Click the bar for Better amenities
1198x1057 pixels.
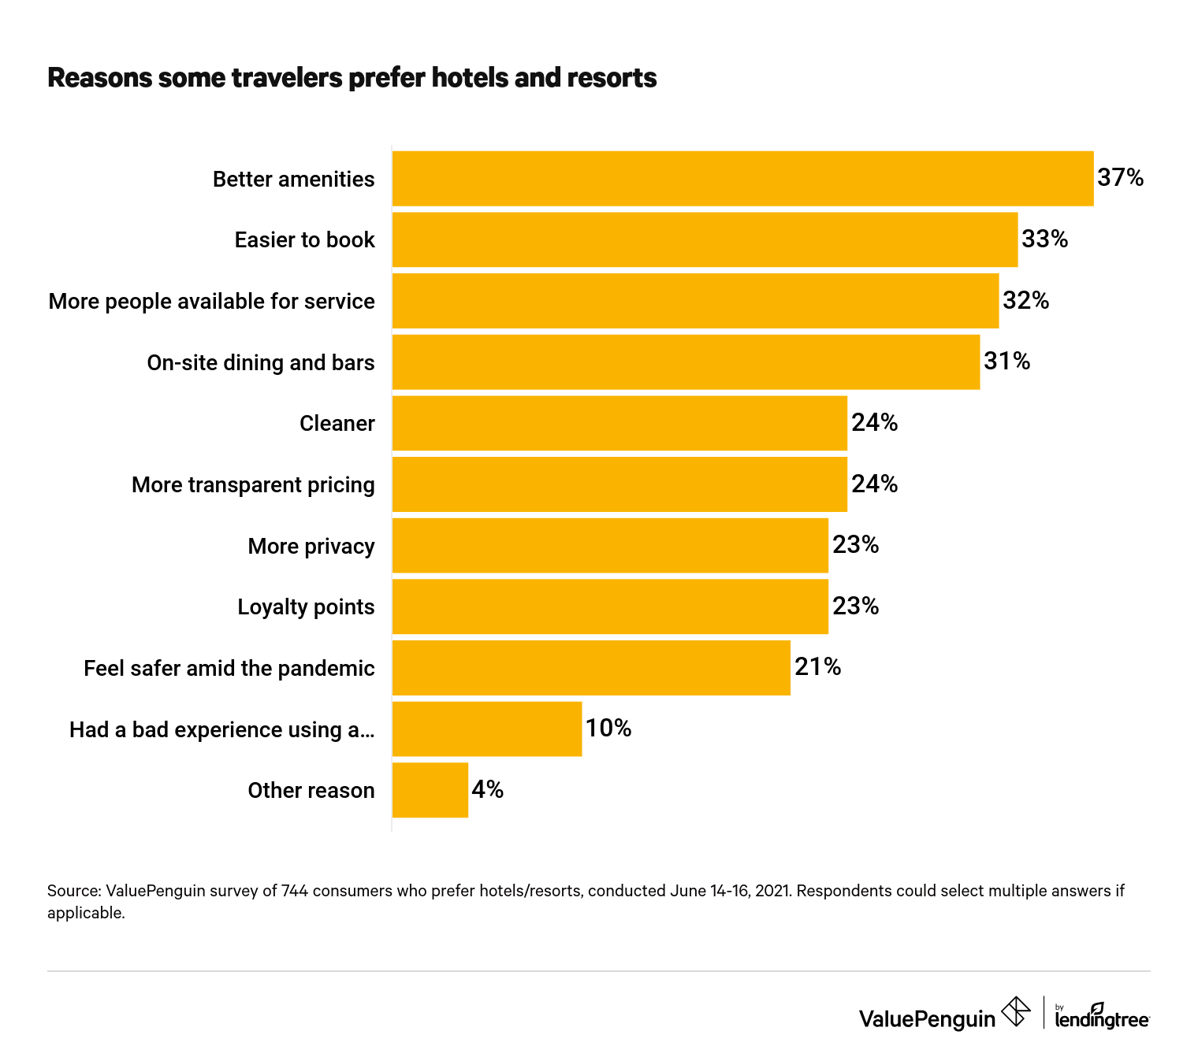(x=742, y=179)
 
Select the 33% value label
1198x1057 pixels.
(x=1044, y=239)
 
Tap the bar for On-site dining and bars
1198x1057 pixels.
(x=686, y=362)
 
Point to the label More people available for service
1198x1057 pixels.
(x=211, y=302)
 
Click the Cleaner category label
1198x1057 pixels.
(x=337, y=424)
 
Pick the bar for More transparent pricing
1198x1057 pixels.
(x=619, y=484)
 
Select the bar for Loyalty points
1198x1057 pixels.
(x=610, y=606)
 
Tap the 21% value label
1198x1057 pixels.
(x=817, y=667)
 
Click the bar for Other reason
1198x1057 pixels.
(x=430, y=790)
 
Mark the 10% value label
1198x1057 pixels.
(x=608, y=729)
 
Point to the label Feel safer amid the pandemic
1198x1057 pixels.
(x=229, y=669)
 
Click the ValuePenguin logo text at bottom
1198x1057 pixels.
(x=927, y=1019)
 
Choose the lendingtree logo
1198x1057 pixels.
(x=1101, y=1017)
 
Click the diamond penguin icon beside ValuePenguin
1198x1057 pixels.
(x=1015, y=1012)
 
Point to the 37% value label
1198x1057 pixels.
(x=1120, y=178)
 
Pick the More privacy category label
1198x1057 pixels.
(x=311, y=547)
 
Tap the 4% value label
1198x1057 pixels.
(x=487, y=789)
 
